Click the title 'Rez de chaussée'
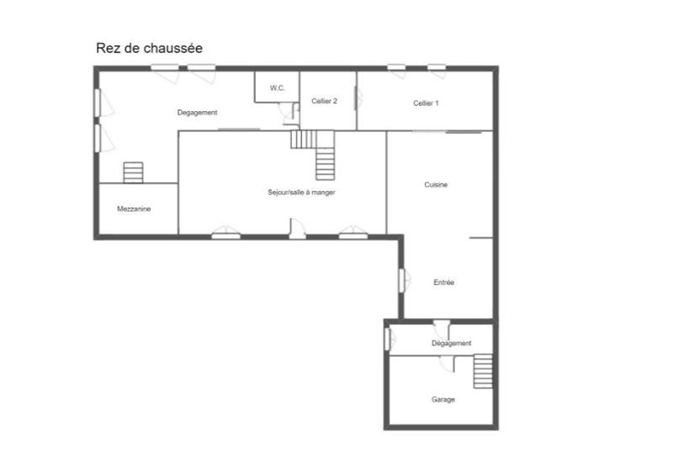pos(149,49)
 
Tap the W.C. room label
pos(277,87)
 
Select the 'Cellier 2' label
pos(324,101)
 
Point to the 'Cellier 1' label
pos(426,103)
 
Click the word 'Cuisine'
pos(436,185)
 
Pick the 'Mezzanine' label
pos(134,209)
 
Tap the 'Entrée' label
pos(443,283)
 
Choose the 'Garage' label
pos(443,400)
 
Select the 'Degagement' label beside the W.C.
pos(198,113)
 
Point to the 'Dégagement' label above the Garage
pos(451,343)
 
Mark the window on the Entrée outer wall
pos(402,278)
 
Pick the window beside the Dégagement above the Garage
pos(388,338)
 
